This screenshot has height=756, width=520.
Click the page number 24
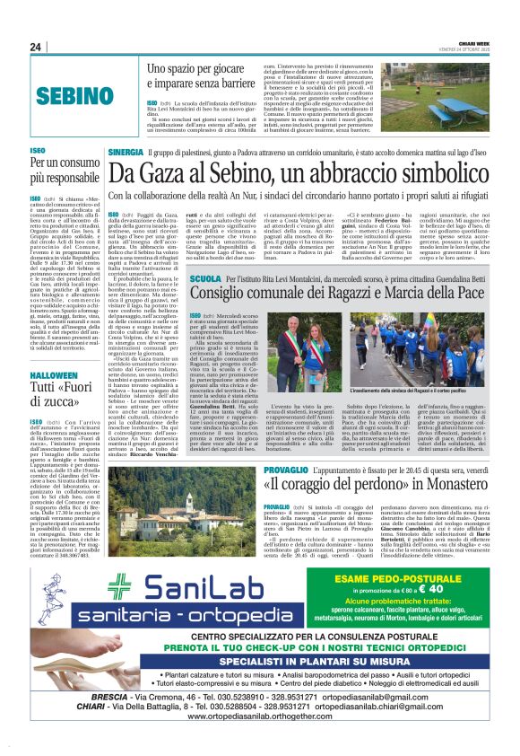(35, 48)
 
